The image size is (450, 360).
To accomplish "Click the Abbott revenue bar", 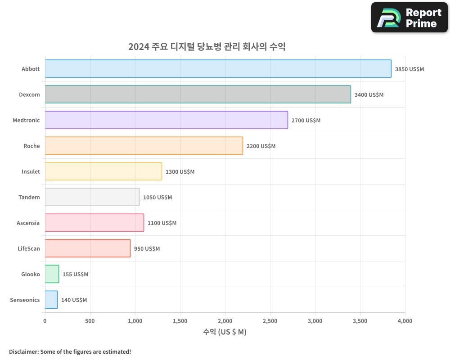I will click(x=218, y=69).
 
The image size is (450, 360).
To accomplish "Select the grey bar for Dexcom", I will click(x=198, y=94).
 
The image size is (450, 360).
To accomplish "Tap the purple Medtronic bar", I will click(x=166, y=120).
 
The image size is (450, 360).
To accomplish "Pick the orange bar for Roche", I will click(x=144, y=146).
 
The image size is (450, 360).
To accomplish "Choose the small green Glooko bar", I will click(x=52, y=274).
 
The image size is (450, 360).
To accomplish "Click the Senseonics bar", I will click(x=51, y=300).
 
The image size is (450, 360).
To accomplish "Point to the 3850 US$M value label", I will click(x=409, y=69).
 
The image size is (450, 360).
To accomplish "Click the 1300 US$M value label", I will click(x=180, y=172).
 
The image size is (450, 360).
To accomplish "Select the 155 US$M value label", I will click(x=75, y=274).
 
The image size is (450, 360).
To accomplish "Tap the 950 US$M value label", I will click(x=147, y=249).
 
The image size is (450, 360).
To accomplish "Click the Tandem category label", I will click(x=29, y=197).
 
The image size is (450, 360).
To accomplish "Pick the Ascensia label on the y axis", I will click(x=28, y=223).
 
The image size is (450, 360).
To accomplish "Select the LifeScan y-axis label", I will click(x=29, y=248).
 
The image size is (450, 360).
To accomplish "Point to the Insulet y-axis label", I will click(x=31, y=171).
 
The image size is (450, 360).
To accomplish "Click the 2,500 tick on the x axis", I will click(x=270, y=321).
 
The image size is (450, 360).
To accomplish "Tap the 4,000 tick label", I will click(x=405, y=321).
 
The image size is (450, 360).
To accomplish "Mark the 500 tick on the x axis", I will click(x=90, y=321).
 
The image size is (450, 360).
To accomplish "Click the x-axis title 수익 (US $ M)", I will click(x=225, y=332).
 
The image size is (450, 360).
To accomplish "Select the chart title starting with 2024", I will click(x=207, y=46).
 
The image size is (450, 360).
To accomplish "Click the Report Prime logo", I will click(x=409, y=18).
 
